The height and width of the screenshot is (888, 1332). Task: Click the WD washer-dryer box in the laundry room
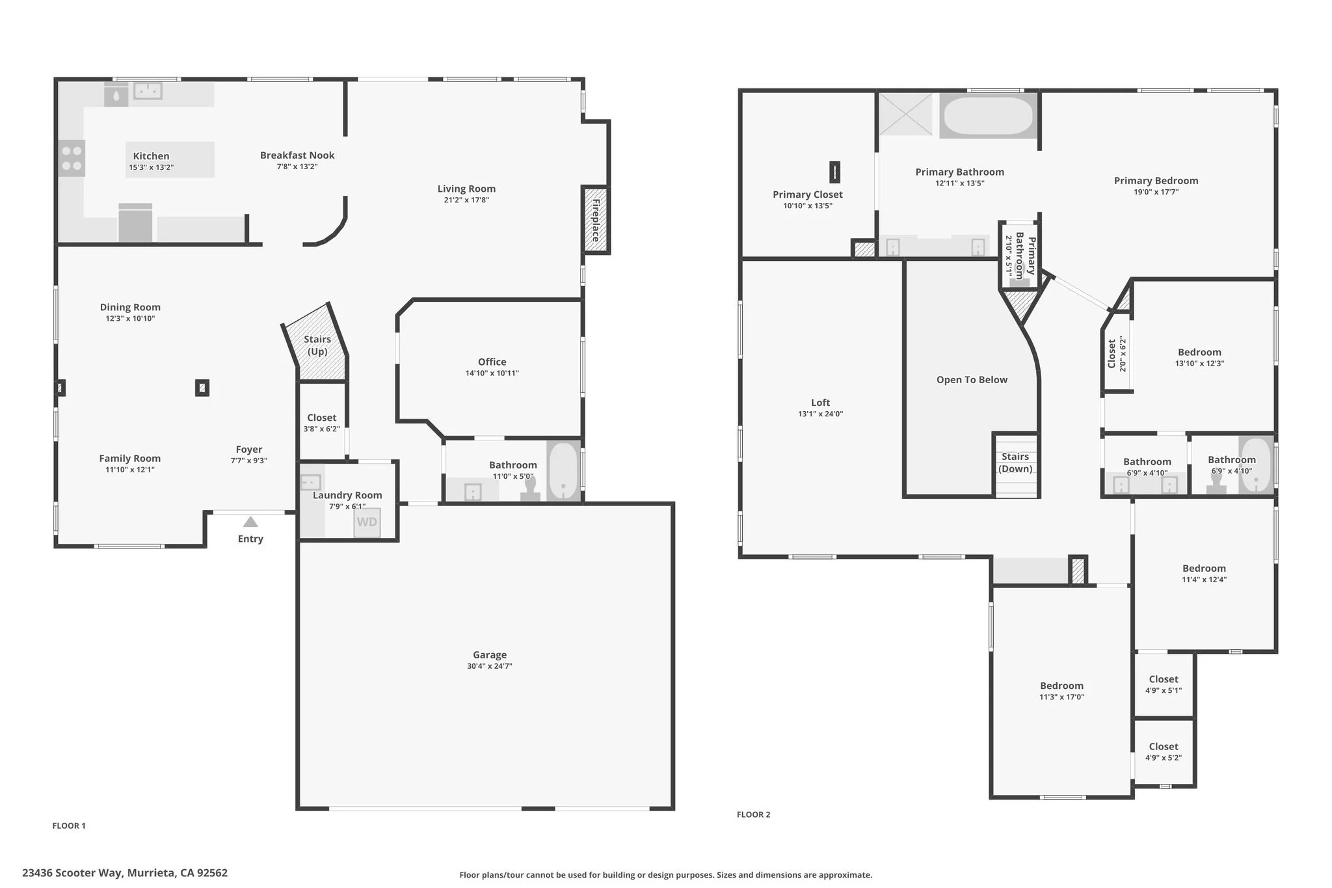pyautogui.click(x=367, y=522)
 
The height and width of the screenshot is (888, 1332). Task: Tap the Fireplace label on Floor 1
pyautogui.click(x=595, y=220)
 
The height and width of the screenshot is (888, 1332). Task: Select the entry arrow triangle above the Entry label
pyautogui.click(x=250, y=522)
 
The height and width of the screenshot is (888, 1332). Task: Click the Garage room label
pyautogui.click(x=490, y=655)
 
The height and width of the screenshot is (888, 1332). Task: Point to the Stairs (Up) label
pyautogui.click(x=317, y=345)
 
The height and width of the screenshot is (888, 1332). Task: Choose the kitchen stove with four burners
pyautogui.click(x=72, y=159)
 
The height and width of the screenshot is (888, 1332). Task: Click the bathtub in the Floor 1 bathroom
pyautogui.click(x=563, y=471)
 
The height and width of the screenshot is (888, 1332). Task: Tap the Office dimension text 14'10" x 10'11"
pyautogui.click(x=492, y=373)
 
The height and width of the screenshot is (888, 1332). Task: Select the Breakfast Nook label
pyautogui.click(x=297, y=155)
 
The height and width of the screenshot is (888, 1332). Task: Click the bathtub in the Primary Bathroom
pyautogui.click(x=988, y=116)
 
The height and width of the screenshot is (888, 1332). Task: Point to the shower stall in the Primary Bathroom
pyautogui.click(x=905, y=114)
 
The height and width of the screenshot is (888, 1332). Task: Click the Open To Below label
pyautogui.click(x=972, y=380)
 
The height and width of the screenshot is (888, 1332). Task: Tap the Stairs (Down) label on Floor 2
pyautogui.click(x=1015, y=463)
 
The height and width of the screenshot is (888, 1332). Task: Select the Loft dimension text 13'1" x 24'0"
pyautogui.click(x=820, y=414)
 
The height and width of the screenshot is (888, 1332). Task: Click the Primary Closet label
pyautogui.click(x=808, y=195)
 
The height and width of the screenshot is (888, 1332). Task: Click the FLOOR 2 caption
pyautogui.click(x=753, y=814)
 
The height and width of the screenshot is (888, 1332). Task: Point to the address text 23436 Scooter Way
pyautogui.click(x=72, y=873)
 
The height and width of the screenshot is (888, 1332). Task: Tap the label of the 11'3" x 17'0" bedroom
pyautogui.click(x=1061, y=686)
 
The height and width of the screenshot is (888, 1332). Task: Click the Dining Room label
pyautogui.click(x=130, y=307)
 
